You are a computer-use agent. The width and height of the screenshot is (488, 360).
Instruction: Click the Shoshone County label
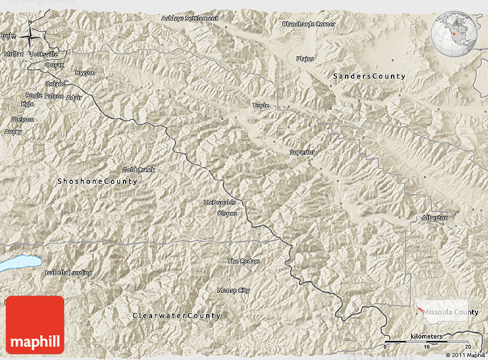coord(97,181)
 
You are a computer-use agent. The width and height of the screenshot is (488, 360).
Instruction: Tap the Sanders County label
coord(369,76)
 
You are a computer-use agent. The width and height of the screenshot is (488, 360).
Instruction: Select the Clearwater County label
coord(176,316)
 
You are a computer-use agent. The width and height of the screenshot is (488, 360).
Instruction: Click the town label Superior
coord(302,152)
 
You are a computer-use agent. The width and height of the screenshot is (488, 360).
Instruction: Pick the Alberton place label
coord(435,218)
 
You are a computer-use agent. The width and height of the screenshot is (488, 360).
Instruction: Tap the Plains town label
coord(305,59)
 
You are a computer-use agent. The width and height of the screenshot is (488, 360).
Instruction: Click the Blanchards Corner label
coord(309,24)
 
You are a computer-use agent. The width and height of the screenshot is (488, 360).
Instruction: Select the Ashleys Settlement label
coord(189,18)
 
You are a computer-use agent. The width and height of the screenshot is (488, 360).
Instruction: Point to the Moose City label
coord(234,291)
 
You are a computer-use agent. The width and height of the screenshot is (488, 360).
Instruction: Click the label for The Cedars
coord(243,261)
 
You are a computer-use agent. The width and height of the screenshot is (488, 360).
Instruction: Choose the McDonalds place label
coord(220,203)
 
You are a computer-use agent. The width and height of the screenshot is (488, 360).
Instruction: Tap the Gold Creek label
coord(139,170)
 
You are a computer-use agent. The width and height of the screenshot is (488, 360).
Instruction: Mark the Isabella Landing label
coord(68,273)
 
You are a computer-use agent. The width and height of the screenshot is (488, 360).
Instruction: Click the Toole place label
coord(261,106)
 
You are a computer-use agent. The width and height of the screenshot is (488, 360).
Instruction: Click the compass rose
coord(30,37)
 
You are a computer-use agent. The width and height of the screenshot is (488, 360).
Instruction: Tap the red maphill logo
coord(35,325)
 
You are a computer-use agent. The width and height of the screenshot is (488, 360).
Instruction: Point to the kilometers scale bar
coord(428,342)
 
